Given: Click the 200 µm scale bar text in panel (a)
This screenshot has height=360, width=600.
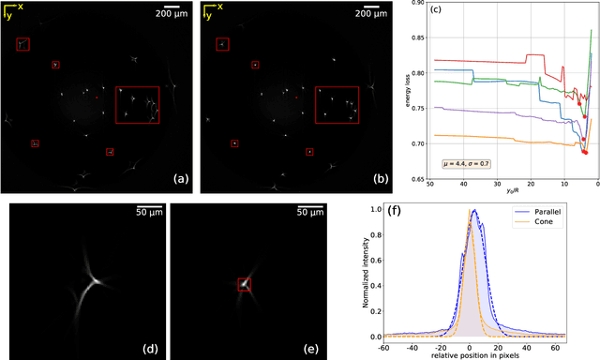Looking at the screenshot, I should (x=171, y=15).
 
